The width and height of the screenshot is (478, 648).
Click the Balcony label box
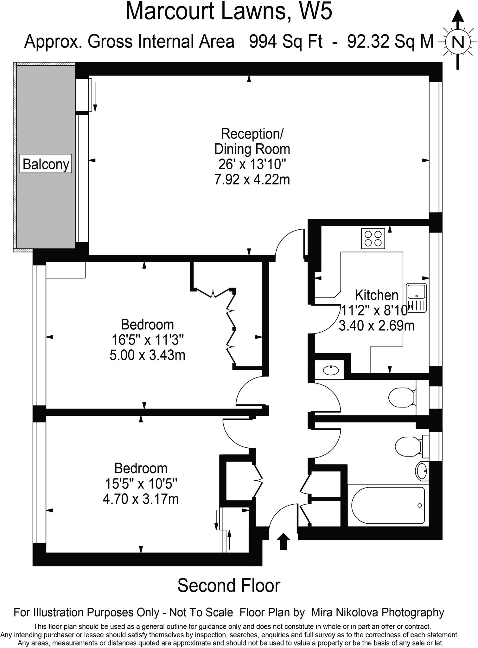tap(46, 164)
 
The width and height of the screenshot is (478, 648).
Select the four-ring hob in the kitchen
tap(373, 239)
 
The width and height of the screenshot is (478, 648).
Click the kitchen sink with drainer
tap(417, 297)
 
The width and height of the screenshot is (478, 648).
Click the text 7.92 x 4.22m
tap(252, 180)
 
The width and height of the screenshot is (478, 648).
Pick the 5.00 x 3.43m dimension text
tap(147, 355)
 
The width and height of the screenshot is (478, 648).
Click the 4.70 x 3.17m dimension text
tap(141, 499)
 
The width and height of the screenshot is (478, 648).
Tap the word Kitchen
tap(376, 295)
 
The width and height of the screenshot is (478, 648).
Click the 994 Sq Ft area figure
tap(286, 41)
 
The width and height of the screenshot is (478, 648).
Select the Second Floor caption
tap(229, 585)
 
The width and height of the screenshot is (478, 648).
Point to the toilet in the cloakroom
tap(401, 398)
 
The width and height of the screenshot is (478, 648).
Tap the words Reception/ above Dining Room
tap(252, 134)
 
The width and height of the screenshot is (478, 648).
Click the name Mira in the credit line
tap(323, 612)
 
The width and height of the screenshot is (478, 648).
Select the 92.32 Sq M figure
tap(390, 41)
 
